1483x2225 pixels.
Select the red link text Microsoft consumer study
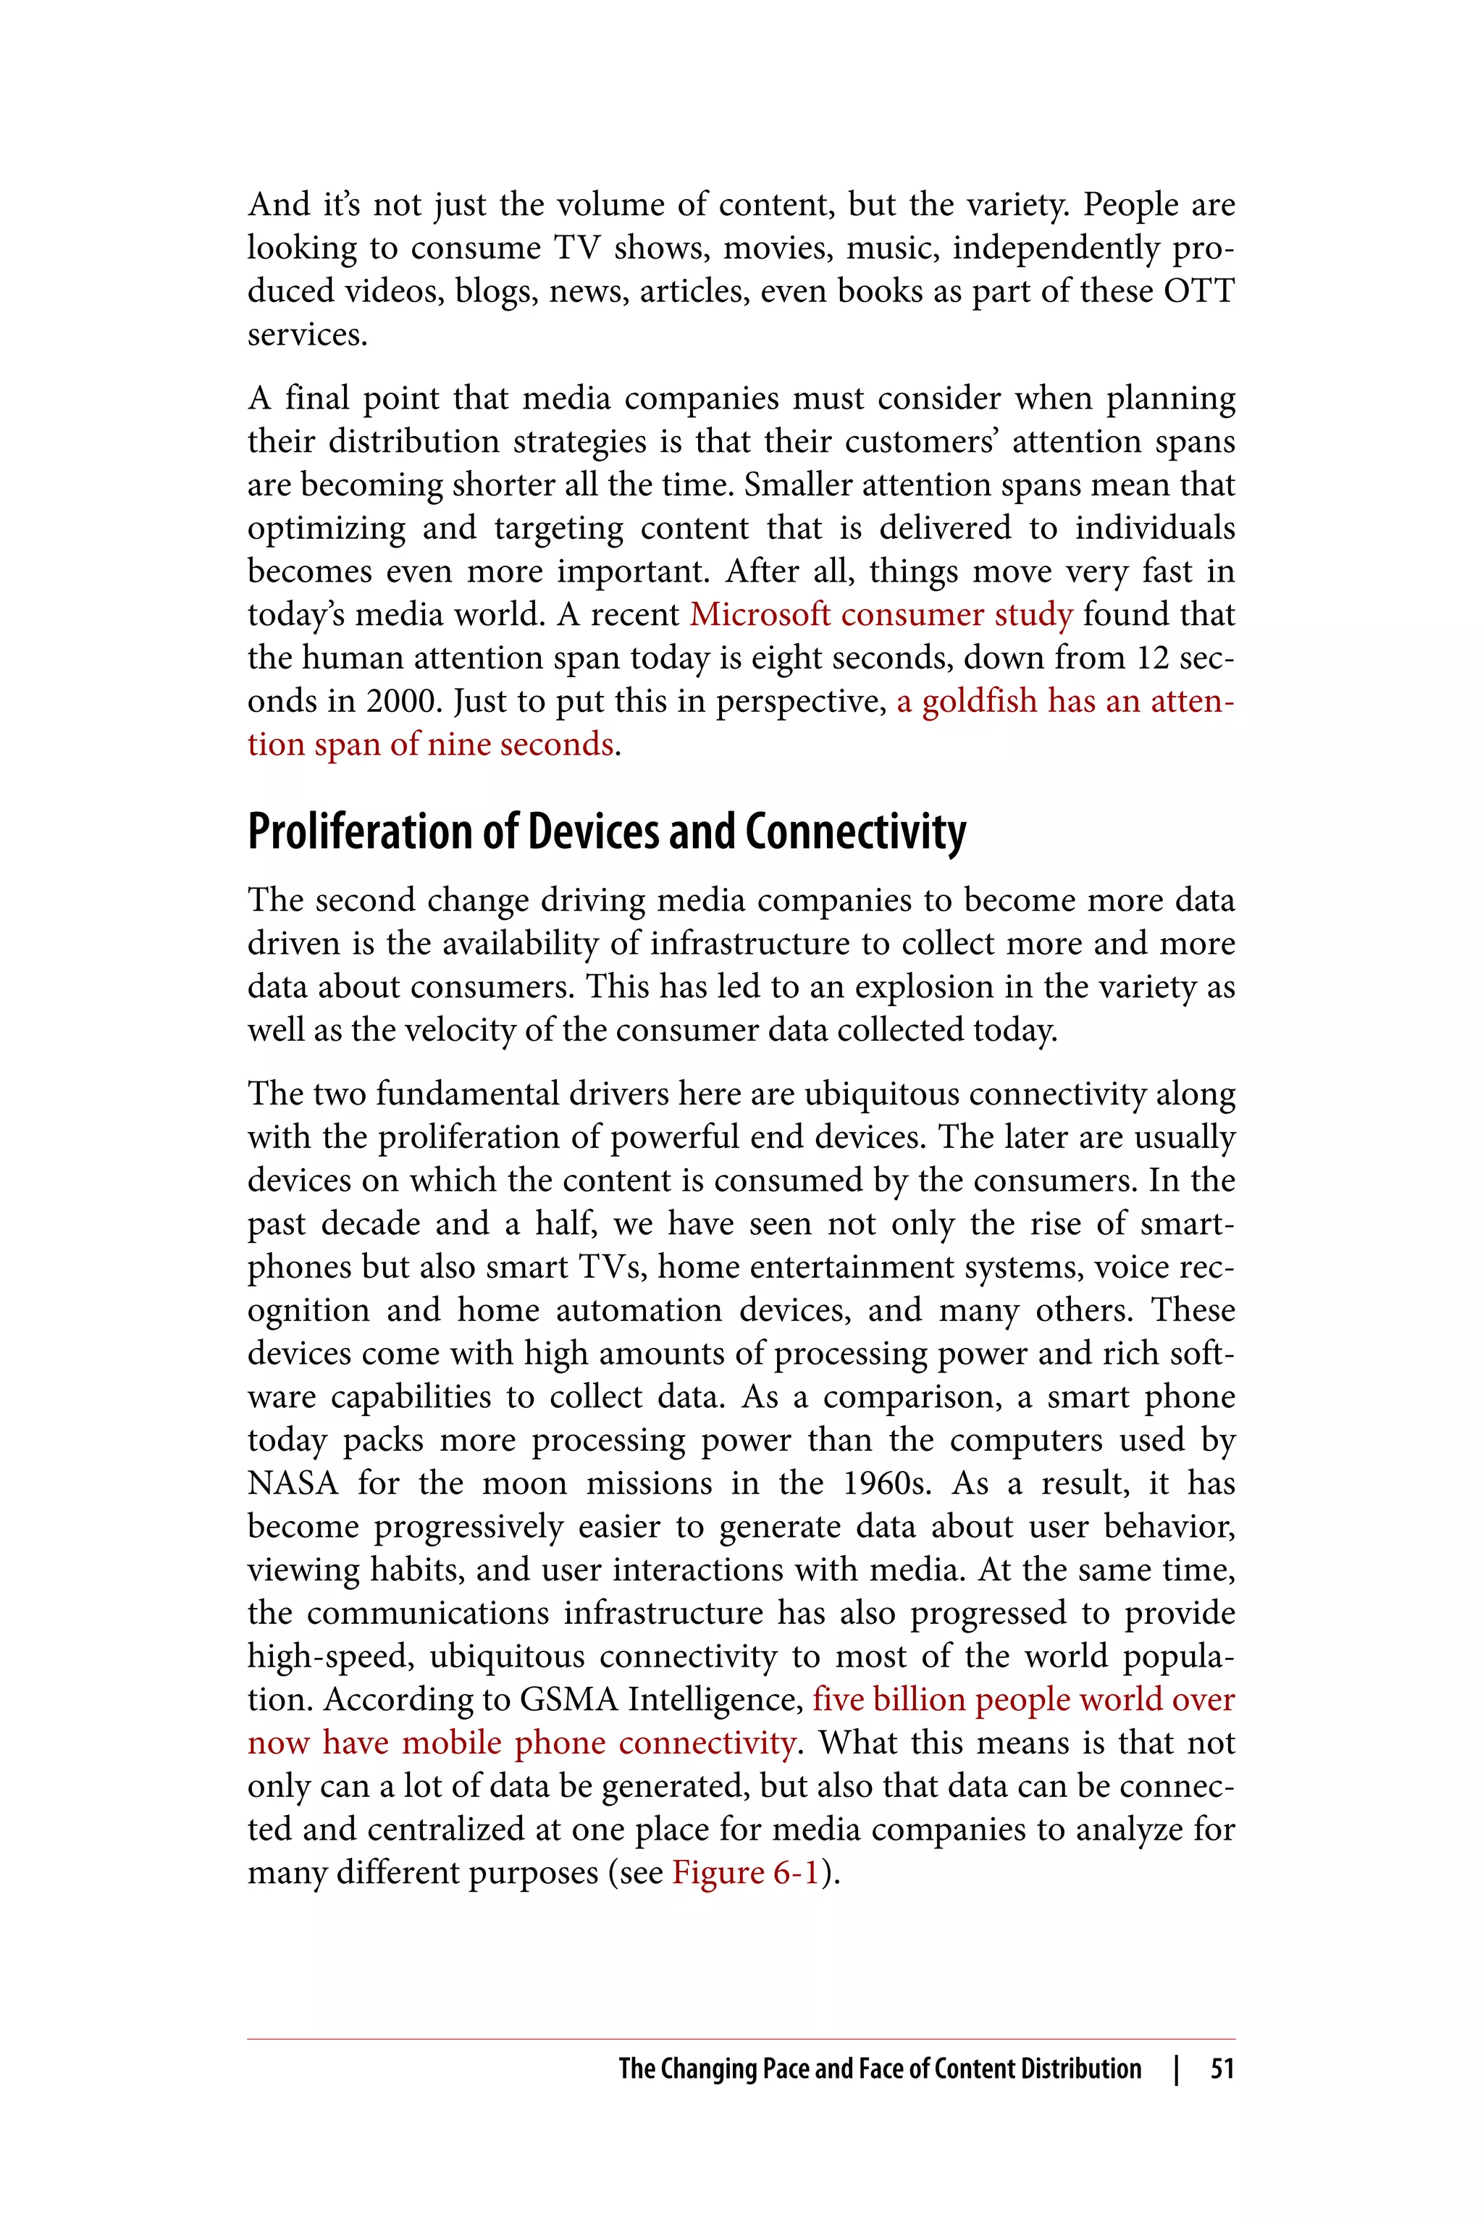click(x=881, y=615)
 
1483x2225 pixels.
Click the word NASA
click(x=293, y=1483)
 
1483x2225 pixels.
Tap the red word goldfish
click(x=979, y=701)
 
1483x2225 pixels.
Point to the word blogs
click(x=492, y=290)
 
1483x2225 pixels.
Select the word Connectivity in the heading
click(x=855, y=832)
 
